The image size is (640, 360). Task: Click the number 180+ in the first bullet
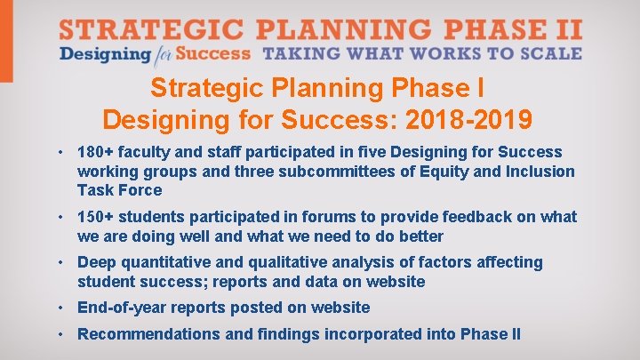pyautogui.click(x=95, y=153)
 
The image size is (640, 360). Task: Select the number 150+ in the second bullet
pyautogui.click(x=95, y=217)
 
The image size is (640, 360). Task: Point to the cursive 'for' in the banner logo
pyautogui.click(x=163, y=54)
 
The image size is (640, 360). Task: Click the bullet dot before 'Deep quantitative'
pyautogui.click(x=62, y=263)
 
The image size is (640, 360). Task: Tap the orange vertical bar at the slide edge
pyautogui.click(x=6, y=41)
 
